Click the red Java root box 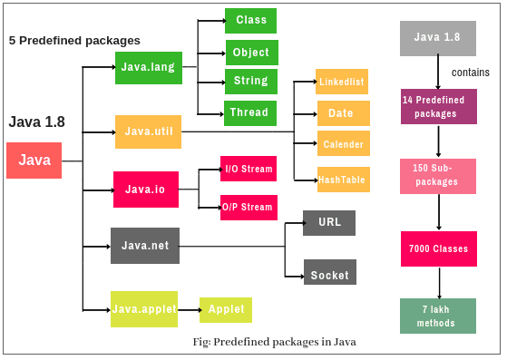point(34,161)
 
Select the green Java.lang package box point(149,68)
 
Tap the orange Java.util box point(148,131)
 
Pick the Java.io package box point(145,190)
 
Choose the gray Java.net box point(145,246)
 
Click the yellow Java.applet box point(143,309)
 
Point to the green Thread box point(250,113)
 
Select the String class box point(250,81)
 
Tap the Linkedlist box point(342,82)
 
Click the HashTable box point(342,180)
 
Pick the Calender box point(343,144)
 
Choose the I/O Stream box point(248,169)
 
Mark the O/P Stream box point(248,207)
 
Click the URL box point(329,222)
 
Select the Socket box point(329,275)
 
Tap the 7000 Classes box point(438,248)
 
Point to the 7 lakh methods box point(438,316)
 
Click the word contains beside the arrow point(470,73)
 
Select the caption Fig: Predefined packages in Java point(274,342)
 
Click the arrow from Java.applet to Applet point(188,310)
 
